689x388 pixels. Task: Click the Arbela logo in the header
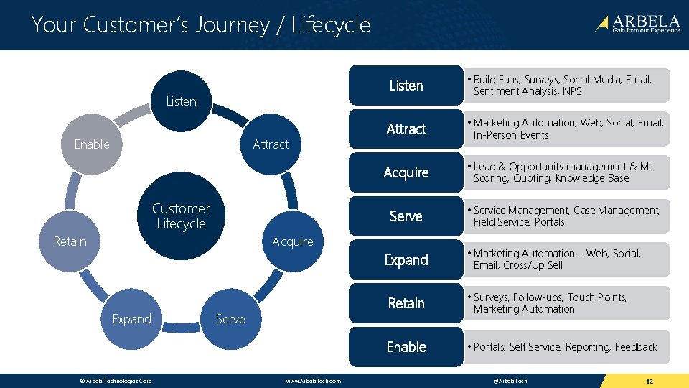click(x=637, y=24)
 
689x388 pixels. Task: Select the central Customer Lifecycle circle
click(x=181, y=216)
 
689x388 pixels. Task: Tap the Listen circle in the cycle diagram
click(x=181, y=101)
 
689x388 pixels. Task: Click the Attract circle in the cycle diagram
click(x=271, y=144)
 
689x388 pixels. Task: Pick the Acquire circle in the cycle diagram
click(x=293, y=241)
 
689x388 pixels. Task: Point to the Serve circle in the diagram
click(x=230, y=319)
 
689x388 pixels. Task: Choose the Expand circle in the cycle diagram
click(x=131, y=319)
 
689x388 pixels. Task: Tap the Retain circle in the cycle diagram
click(x=70, y=241)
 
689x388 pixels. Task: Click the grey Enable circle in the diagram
click(x=92, y=144)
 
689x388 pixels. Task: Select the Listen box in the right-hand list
click(x=406, y=86)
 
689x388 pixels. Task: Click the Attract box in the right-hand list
click(x=406, y=129)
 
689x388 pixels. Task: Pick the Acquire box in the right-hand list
click(x=406, y=172)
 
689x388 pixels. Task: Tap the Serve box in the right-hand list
click(x=406, y=216)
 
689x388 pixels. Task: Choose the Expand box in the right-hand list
click(x=406, y=260)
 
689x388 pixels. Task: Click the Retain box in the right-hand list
click(x=406, y=303)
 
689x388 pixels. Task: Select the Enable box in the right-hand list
click(x=406, y=347)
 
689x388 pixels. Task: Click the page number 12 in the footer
click(x=649, y=380)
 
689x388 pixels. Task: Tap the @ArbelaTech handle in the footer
click(x=510, y=380)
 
